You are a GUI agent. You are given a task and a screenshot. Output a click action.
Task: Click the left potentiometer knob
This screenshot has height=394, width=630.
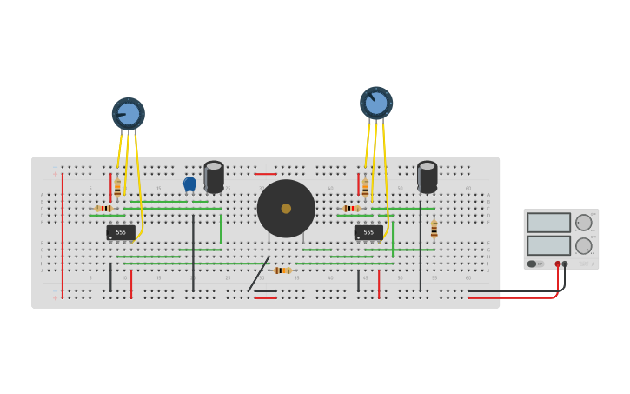tap(128, 114)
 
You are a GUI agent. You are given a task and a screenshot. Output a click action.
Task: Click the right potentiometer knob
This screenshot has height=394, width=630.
tap(376, 103)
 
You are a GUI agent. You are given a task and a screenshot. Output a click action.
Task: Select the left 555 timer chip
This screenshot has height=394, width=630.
tap(120, 232)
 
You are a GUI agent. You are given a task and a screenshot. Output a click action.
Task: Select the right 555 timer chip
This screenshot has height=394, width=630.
tap(368, 232)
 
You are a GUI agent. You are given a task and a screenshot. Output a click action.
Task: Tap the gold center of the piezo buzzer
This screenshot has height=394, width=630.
tap(286, 209)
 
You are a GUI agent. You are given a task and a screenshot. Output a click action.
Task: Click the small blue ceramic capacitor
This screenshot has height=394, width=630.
tap(189, 184)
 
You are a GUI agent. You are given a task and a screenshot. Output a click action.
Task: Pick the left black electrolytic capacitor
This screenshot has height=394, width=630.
tap(214, 176)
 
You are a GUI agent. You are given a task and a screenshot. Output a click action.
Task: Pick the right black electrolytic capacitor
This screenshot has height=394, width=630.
tap(427, 176)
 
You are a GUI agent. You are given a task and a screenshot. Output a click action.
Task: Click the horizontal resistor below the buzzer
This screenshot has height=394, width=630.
tap(282, 270)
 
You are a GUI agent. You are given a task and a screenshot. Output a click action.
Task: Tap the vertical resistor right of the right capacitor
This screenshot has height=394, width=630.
tap(434, 229)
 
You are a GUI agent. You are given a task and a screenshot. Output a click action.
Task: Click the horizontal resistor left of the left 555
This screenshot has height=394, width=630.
tap(104, 209)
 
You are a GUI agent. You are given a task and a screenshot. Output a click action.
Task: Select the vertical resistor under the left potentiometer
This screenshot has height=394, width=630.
tap(117, 186)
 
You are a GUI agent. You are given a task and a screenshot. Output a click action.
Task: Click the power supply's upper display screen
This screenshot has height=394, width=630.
tap(548, 223)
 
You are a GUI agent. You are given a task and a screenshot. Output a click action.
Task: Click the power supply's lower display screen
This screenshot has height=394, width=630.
tap(548, 245)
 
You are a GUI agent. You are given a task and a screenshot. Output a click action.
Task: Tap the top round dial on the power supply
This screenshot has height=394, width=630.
tap(583, 223)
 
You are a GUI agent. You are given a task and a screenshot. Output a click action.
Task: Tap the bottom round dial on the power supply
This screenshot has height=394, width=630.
tap(583, 246)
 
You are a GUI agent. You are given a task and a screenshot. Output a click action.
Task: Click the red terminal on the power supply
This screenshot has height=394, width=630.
tap(558, 264)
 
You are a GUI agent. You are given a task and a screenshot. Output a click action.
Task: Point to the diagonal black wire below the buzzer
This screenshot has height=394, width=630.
tap(258, 274)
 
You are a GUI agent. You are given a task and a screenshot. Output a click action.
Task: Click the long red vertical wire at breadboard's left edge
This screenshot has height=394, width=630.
tap(63, 235)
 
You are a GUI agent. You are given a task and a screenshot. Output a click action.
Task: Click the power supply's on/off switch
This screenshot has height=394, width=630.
tap(532, 264)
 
